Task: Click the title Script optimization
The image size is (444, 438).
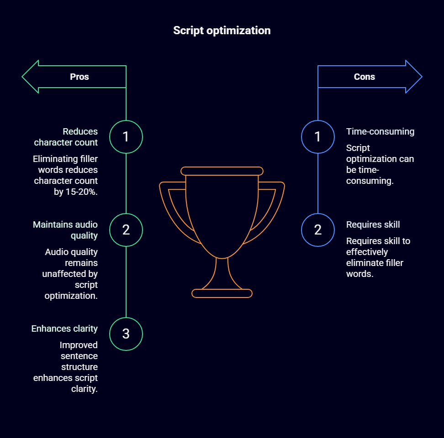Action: [x=222, y=31]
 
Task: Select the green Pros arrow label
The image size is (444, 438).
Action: [x=79, y=77]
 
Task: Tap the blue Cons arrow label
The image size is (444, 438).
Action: [x=365, y=77]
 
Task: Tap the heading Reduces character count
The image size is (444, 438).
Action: [x=66, y=137]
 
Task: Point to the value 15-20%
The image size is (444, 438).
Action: [x=76, y=192]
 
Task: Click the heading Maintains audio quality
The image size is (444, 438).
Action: [x=65, y=230]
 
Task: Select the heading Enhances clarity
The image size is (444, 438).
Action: [x=64, y=328]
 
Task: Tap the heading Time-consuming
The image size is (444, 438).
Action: [x=380, y=131]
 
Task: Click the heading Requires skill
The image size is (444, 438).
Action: [x=373, y=224]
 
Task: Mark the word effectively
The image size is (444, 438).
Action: [x=367, y=252]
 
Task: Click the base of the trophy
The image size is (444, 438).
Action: [x=222, y=293]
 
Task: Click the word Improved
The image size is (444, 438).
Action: [x=79, y=345]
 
